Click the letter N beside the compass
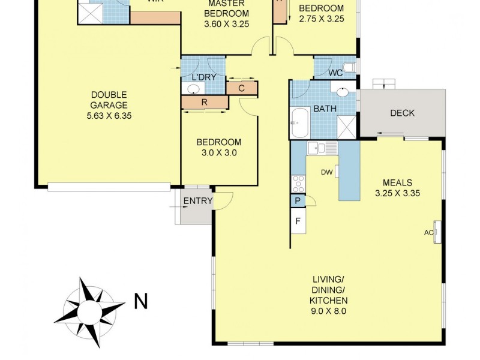coord(141,301)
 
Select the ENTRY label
coord(198,201)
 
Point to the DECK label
coord(402,113)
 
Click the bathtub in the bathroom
coord(299,123)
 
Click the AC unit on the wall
coord(437,232)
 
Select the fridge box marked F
coord(298,221)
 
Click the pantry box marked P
coord(298,202)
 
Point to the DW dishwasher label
coord(326,173)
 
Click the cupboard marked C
coord(241,88)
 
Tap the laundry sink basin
coord(193,89)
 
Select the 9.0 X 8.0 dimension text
coord(328,311)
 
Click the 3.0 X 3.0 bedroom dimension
coord(219,153)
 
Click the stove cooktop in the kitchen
coord(297,182)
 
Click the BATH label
coord(324,109)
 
